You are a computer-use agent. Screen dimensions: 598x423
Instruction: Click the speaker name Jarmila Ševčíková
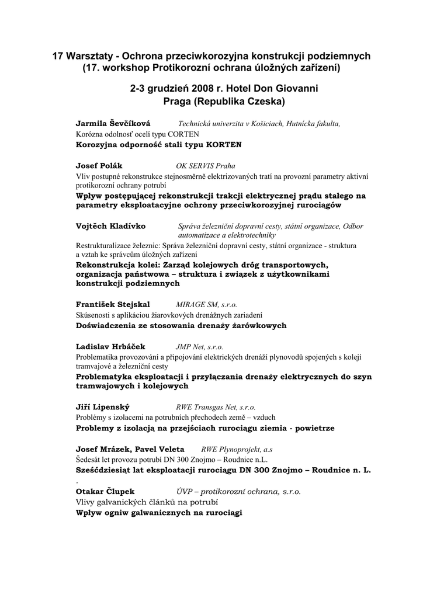click(113, 123)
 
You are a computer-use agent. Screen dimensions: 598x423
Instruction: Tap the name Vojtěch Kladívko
click(111, 226)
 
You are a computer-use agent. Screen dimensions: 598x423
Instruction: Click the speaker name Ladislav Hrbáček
click(110, 346)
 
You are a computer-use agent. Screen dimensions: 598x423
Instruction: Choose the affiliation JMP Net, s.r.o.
click(199, 346)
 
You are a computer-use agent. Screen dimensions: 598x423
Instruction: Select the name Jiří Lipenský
click(103, 407)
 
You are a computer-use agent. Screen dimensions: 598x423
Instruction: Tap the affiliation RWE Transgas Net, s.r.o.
click(216, 407)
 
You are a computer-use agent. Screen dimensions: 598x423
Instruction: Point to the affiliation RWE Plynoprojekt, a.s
click(237, 449)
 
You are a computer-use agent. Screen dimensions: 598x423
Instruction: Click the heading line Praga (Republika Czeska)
click(216, 101)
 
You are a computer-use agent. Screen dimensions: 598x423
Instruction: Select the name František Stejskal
click(113, 304)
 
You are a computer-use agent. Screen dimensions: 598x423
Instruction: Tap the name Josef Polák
click(99, 165)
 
